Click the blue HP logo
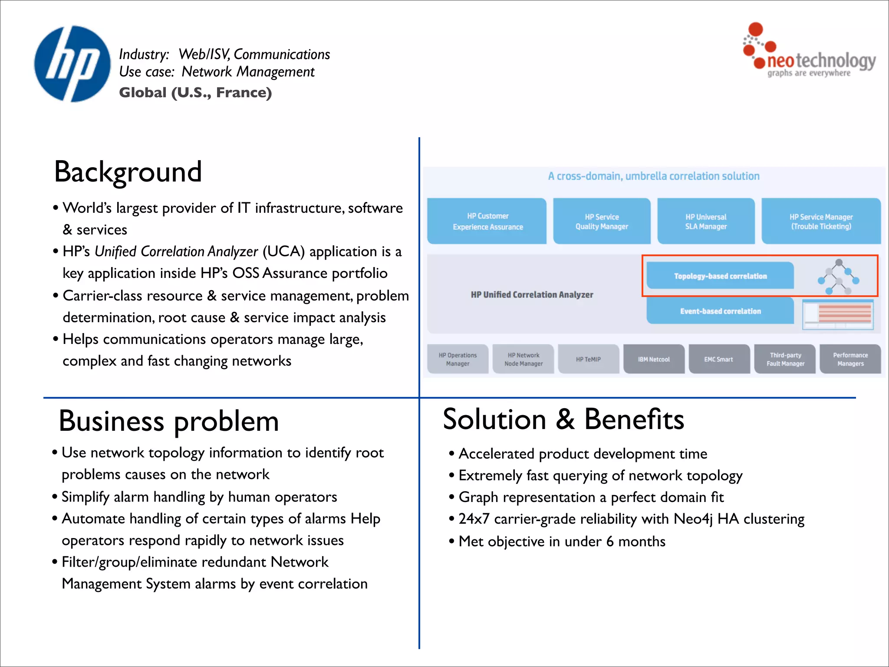(x=72, y=64)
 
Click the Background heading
(x=128, y=172)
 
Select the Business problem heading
(x=168, y=421)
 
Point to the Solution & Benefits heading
(x=563, y=419)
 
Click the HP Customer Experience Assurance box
(x=487, y=221)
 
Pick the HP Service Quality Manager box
(x=602, y=221)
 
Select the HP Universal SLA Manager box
(x=706, y=221)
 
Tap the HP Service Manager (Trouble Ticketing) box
(x=821, y=221)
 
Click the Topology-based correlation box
(x=720, y=276)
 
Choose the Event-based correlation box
(x=720, y=311)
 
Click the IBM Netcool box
(x=654, y=359)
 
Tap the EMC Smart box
(x=719, y=359)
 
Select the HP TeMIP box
(x=588, y=359)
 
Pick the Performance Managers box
(x=850, y=359)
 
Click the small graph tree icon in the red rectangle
(x=838, y=277)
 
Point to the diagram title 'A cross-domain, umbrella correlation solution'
(x=653, y=176)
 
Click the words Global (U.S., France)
(x=195, y=92)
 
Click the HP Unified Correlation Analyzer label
(x=532, y=294)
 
